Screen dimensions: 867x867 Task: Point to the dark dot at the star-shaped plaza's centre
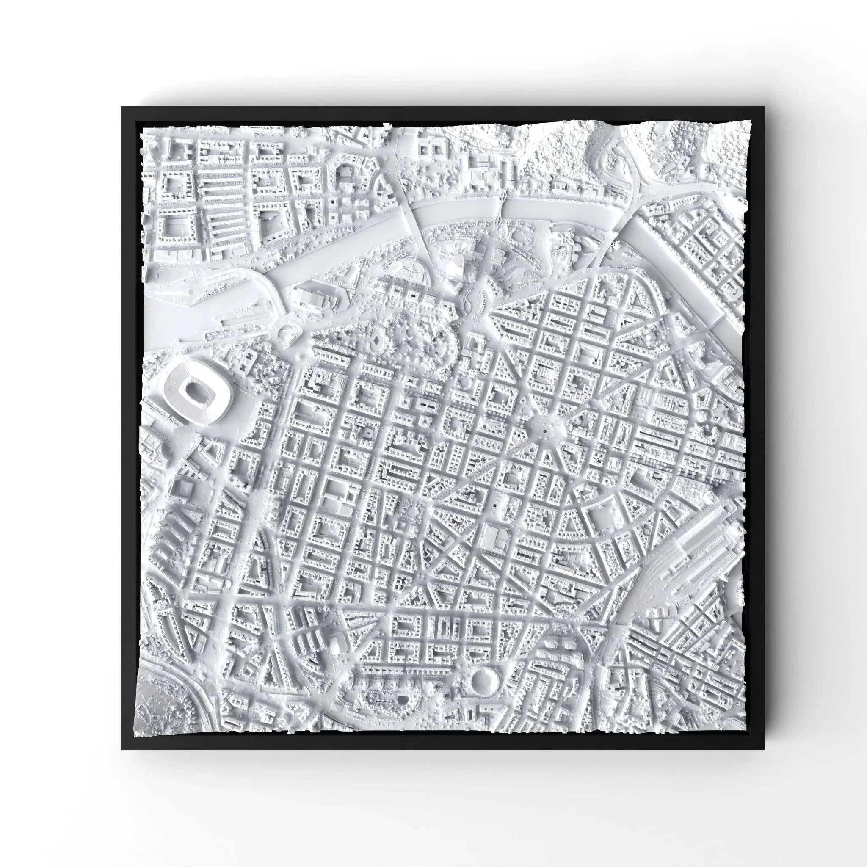[544, 431]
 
